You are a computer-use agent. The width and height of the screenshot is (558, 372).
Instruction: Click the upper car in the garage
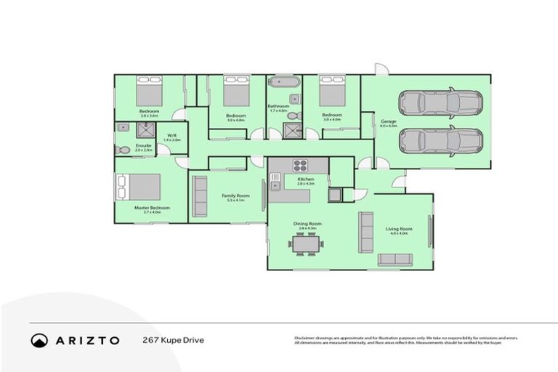440,103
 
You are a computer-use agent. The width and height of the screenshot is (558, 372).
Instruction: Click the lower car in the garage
440,139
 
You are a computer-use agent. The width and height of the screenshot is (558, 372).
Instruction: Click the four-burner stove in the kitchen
300,164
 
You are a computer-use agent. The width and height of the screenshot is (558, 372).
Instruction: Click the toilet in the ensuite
122,150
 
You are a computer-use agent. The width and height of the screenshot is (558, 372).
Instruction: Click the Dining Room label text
307,224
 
